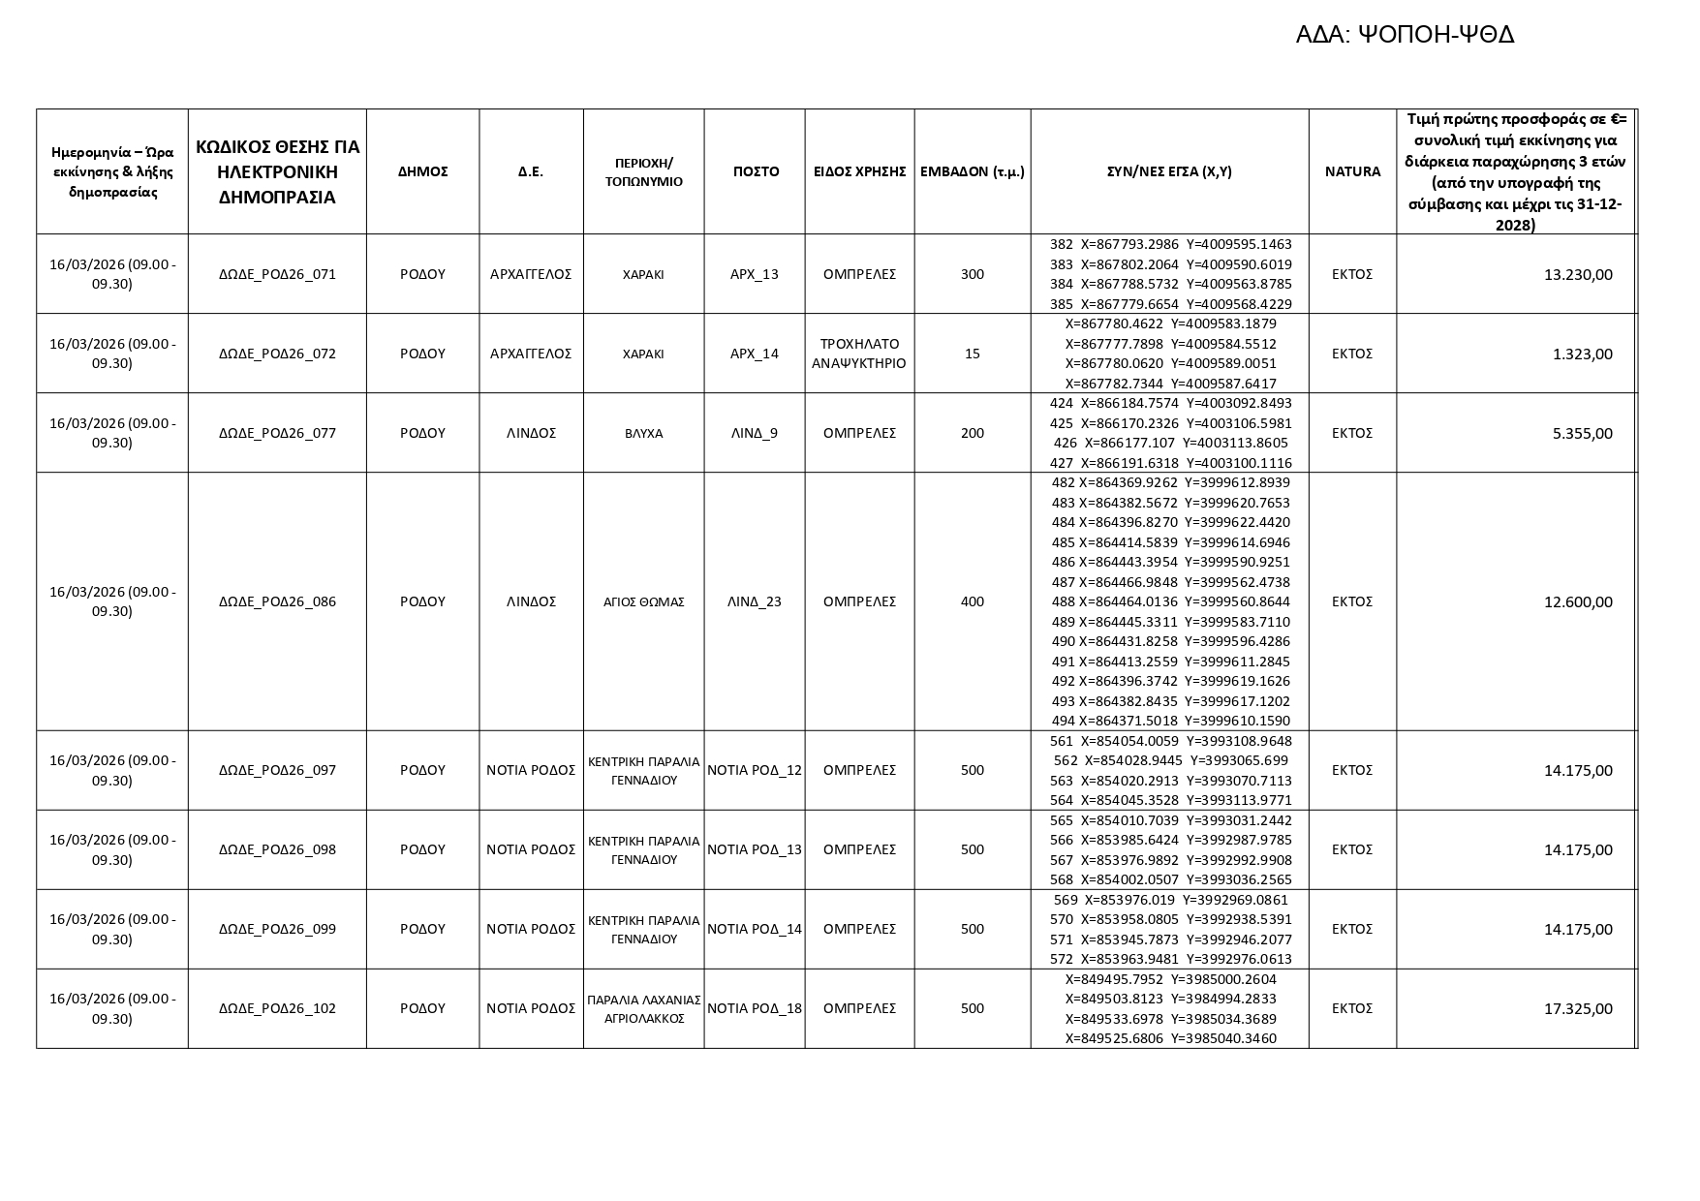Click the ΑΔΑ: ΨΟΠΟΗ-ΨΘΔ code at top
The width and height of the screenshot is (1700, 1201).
1404,35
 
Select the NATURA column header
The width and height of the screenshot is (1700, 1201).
1352,171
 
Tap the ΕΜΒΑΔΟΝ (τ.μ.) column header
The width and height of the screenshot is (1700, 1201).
972,171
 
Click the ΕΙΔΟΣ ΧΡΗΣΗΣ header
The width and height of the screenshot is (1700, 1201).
859,171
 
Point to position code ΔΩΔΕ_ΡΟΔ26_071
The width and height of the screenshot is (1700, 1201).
277,274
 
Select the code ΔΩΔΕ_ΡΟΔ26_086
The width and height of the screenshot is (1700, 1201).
277,601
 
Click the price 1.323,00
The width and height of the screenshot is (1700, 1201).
1582,354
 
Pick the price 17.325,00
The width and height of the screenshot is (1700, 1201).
1578,1009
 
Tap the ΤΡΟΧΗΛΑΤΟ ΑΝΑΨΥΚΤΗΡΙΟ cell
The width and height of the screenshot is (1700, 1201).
859,354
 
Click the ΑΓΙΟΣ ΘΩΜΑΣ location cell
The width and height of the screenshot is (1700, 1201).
643,601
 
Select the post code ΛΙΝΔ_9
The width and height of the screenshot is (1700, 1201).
754,433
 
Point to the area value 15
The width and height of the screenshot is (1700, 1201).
972,354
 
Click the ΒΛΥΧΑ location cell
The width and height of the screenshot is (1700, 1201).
643,433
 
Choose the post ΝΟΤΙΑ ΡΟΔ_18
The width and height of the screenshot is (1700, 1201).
755,1008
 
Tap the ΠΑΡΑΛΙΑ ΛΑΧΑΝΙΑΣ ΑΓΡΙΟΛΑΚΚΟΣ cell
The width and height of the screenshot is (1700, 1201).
643,1008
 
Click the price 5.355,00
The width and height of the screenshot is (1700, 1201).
1582,434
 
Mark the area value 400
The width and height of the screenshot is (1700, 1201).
972,601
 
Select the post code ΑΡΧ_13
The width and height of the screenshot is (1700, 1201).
754,274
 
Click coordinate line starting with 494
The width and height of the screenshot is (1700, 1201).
1170,721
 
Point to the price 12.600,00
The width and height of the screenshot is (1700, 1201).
1578,602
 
